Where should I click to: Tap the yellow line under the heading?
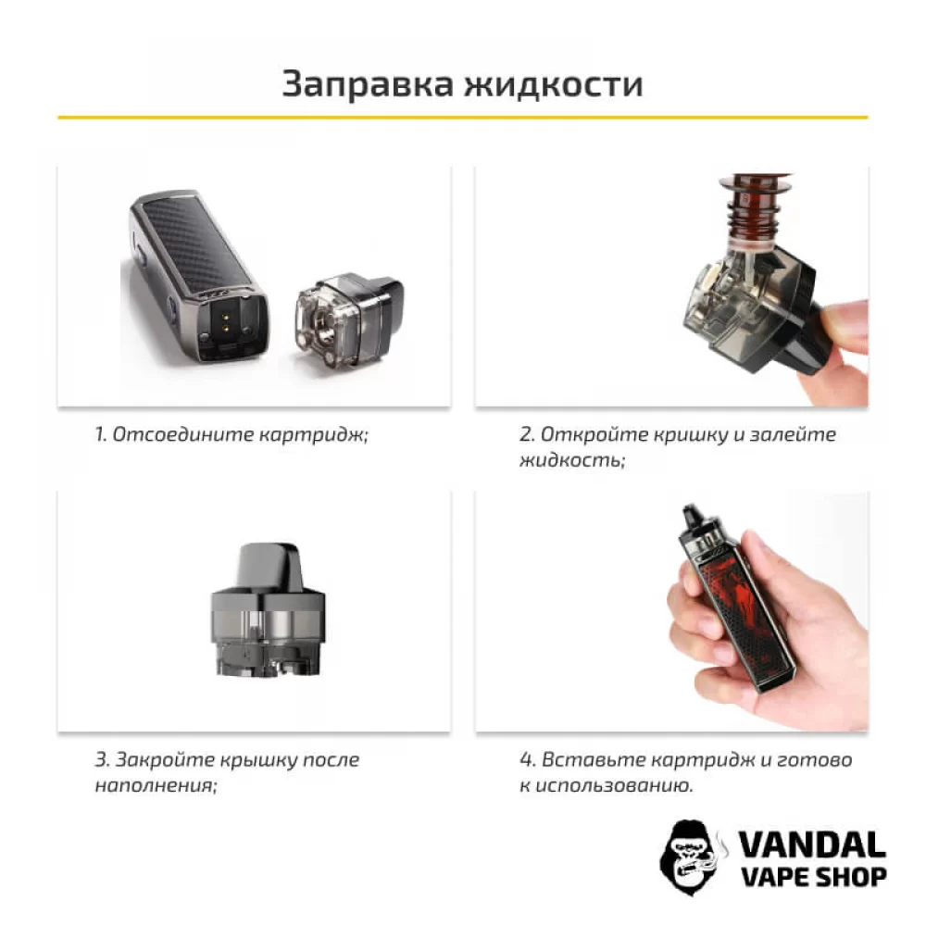(463, 118)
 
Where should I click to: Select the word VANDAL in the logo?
(812, 844)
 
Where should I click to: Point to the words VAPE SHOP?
(812, 876)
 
